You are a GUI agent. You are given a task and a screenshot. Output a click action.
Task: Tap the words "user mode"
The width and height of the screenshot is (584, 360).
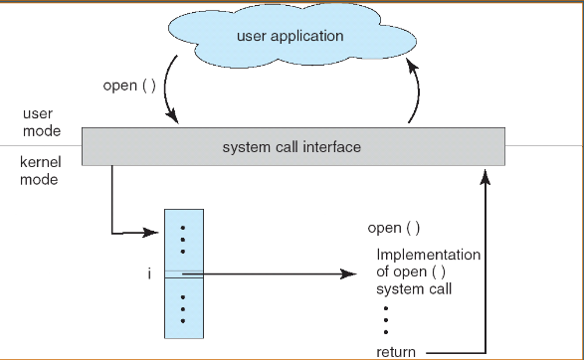coord(41,123)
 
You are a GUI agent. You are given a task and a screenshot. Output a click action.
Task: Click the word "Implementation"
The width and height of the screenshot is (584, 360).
coord(428,254)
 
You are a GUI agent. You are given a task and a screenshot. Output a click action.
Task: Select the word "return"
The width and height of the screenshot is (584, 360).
coord(395,352)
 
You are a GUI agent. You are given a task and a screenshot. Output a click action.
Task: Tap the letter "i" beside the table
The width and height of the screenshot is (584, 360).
coord(149,273)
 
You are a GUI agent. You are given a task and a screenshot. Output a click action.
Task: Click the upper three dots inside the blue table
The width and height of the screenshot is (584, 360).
coord(183,238)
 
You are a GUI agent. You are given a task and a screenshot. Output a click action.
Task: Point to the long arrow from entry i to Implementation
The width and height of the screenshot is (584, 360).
coord(279,273)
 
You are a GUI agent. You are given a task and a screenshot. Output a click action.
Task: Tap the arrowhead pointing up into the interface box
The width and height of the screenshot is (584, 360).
coord(486,176)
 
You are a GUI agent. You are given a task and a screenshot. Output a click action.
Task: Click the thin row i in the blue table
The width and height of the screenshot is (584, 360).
coord(183,273)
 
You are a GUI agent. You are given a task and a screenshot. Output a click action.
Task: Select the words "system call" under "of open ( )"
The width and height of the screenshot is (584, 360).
coord(413,289)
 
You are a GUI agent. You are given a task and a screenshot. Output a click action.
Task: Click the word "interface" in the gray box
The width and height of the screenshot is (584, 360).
coord(333,147)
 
